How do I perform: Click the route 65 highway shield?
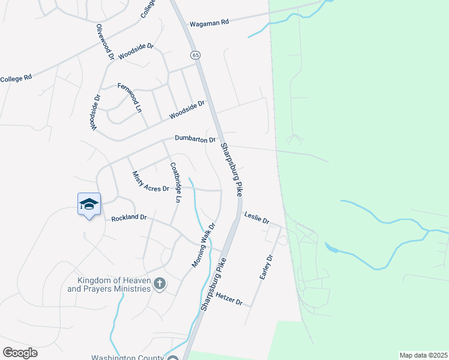click(x=196, y=55)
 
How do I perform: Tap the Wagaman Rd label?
click(x=209, y=23)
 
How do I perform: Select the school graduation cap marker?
click(x=89, y=205)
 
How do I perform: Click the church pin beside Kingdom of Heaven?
click(x=159, y=283)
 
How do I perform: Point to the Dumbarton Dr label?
click(x=195, y=139)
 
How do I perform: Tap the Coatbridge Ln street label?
click(x=176, y=181)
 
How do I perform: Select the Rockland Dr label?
click(x=129, y=218)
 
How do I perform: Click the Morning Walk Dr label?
click(x=203, y=245)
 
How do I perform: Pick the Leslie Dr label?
click(x=256, y=217)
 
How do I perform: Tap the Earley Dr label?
click(x=266, y=267)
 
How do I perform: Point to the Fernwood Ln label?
click(x=128, y=97)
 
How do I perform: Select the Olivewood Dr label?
click(x=105, y=42)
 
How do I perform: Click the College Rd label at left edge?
click(x=16, y=79)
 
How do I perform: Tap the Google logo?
click(x=20, y=353)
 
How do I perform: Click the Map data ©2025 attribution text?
click(x=423, y=355)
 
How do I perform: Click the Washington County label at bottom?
click(x=127, y=358)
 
